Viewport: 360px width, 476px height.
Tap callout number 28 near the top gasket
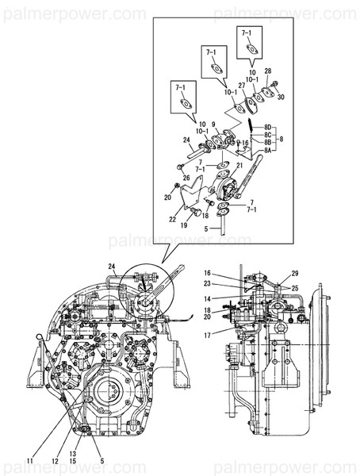point(268,71)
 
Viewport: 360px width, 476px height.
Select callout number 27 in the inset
point(242,84)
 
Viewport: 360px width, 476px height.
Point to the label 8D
point(268,127)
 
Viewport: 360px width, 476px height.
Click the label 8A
point(268,150)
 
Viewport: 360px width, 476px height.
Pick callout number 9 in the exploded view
point(213,125)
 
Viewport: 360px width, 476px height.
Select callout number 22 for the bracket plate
point(172,220)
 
